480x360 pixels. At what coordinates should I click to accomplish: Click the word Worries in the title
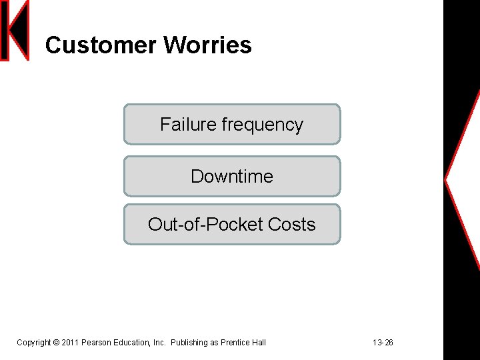point(207,45)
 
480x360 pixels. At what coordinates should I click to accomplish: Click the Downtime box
point(232,176)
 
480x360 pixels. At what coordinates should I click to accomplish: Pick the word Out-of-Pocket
point(205,225)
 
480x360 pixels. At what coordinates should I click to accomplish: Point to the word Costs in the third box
point(291,225)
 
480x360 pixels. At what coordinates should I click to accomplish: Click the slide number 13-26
point(383,343)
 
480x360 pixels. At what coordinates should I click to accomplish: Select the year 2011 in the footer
point(70,343)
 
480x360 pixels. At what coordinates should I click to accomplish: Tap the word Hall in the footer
point(259,343)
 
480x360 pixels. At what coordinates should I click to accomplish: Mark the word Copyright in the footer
point(33,343)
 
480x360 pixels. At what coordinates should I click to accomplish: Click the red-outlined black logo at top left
point(15,30)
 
